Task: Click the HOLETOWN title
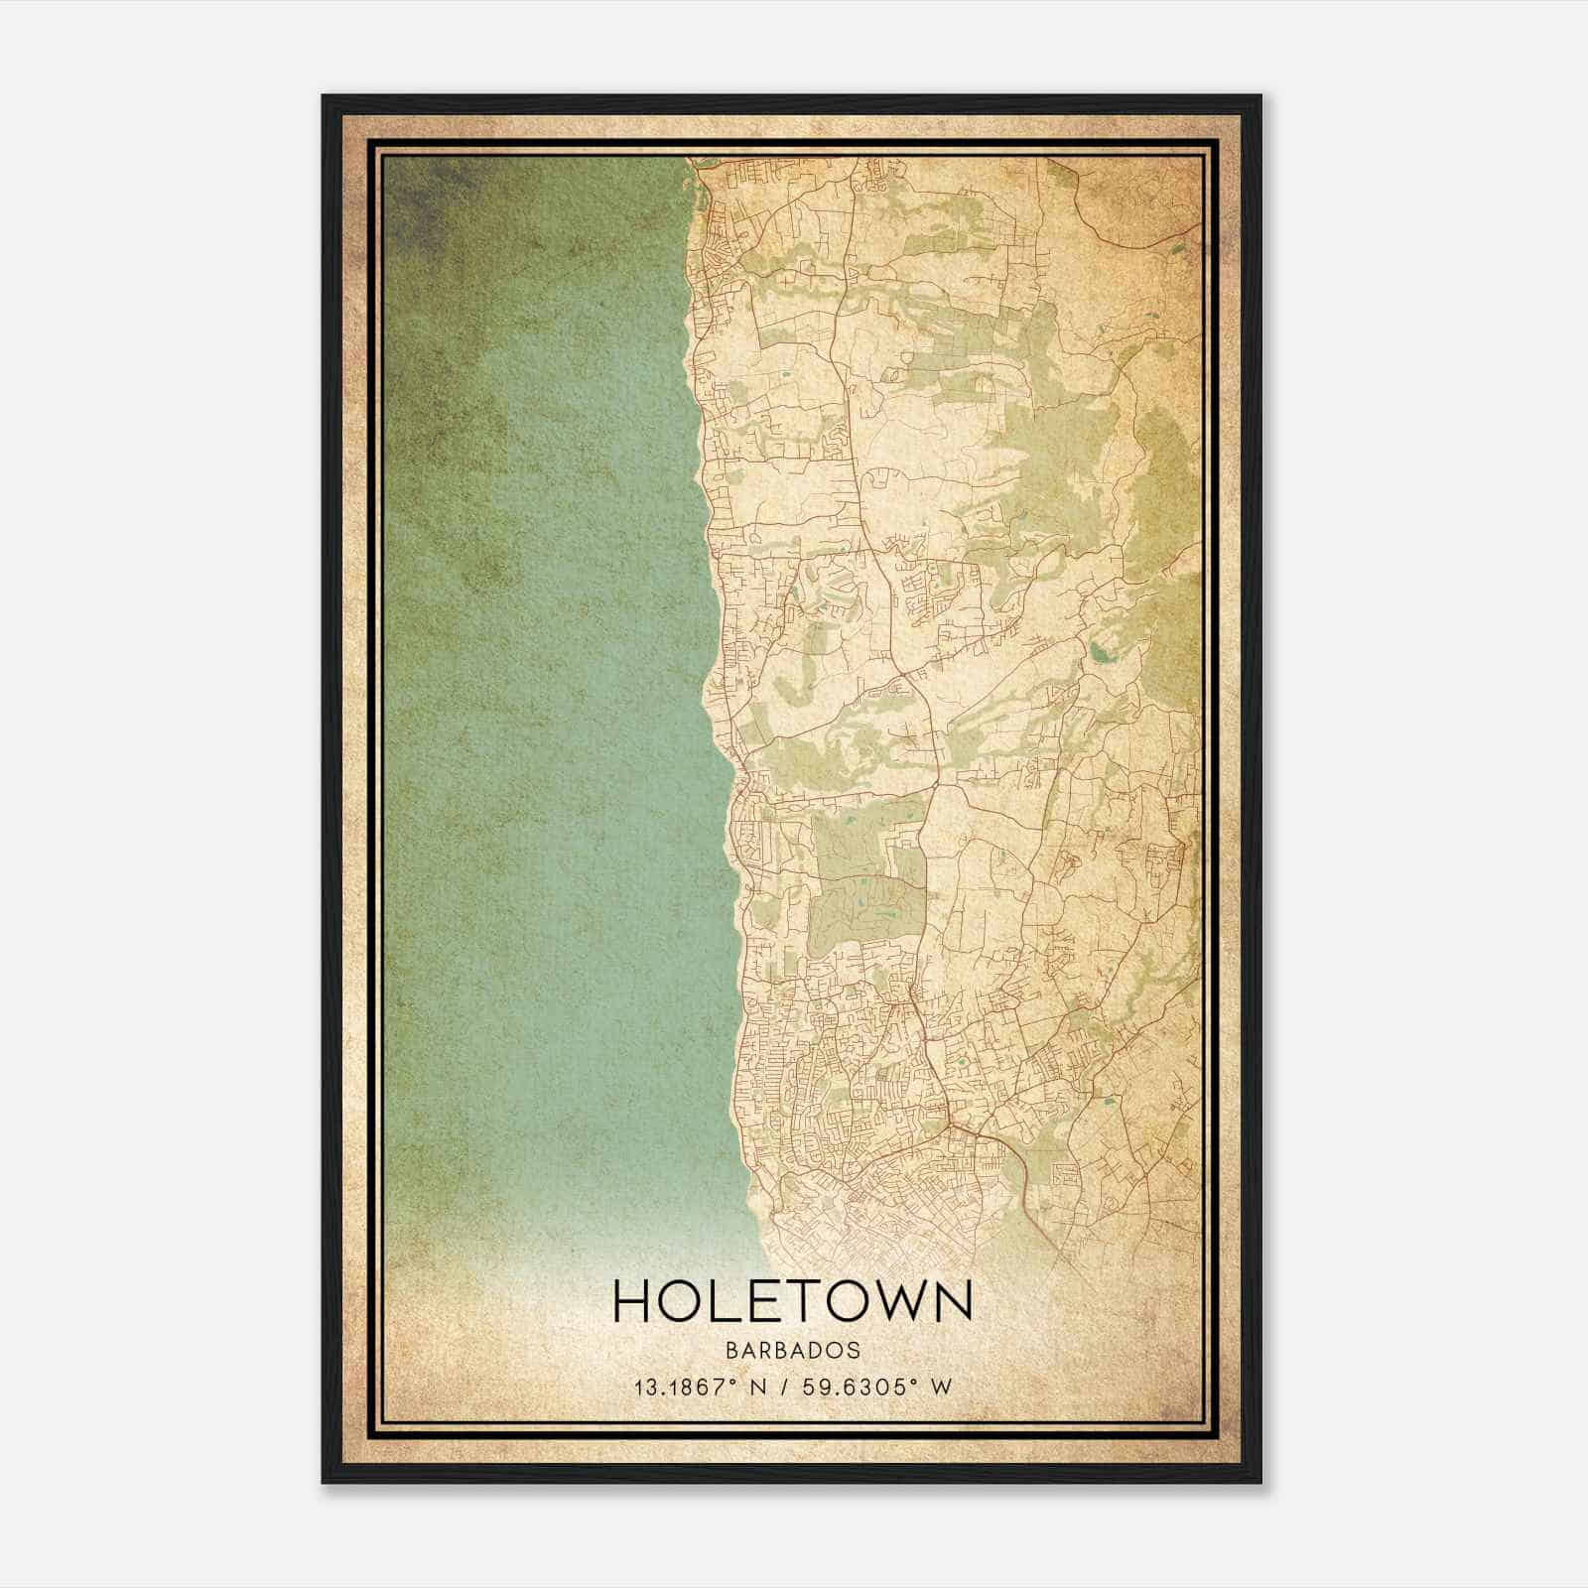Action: click(x=793, y=1301)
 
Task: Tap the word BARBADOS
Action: click(x=793, y=1350)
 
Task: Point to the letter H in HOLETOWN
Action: click(x=634, y=1301)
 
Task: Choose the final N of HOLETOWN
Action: click(x=954, y=1301)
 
